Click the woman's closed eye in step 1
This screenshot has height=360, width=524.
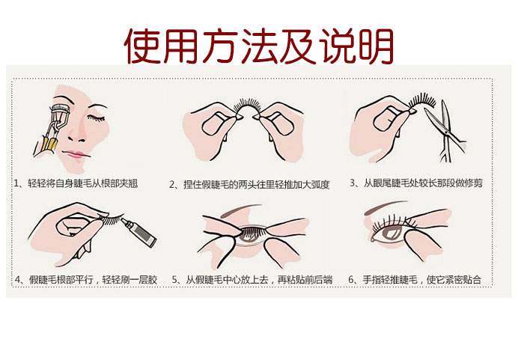(96, 118)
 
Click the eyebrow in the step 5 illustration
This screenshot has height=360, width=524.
(245, 210)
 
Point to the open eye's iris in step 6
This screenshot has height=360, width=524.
(391, 233)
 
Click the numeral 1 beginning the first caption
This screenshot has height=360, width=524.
(16, 183)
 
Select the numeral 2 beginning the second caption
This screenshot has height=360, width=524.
(171, 185)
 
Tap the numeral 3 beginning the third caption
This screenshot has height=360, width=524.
(353, 183)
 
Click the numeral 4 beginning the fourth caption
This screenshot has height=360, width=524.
(18, 279)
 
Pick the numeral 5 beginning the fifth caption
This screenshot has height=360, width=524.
(174, 279)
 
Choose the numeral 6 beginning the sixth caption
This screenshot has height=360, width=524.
(351, 279)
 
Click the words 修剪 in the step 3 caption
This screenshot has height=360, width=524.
(474, 183)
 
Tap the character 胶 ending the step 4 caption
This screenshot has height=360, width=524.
(153, 279)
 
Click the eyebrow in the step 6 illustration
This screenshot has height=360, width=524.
(384, 207)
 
